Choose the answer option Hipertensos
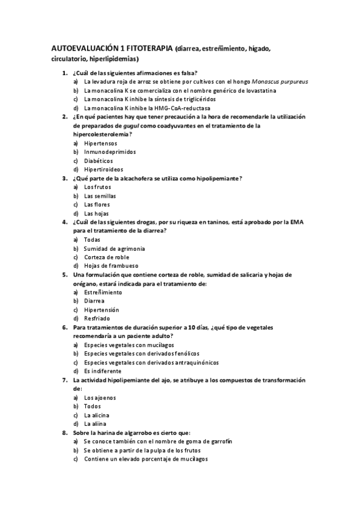(x=101, y=143)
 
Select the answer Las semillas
(x=100, y=196)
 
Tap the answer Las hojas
(x=97, y=214)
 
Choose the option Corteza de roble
(x=106, y=257)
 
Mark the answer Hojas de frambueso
(x=111, y=266)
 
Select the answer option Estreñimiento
(x=103, y=292)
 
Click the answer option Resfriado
(x=97, y=318)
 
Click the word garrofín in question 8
(x=220, y=441)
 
